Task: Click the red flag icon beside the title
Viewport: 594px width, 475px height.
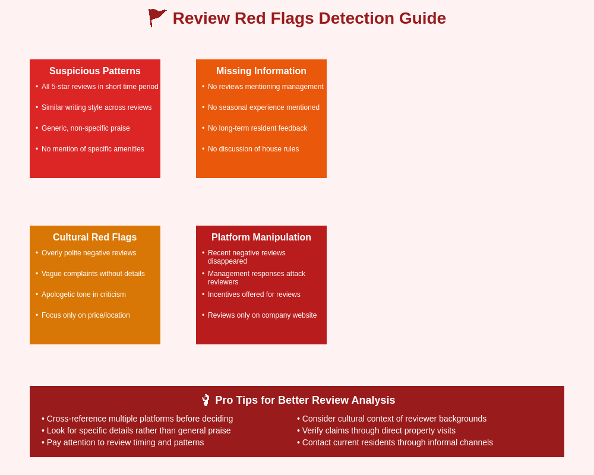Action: [157, 18]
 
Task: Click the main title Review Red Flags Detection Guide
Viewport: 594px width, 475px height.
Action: [309, 18]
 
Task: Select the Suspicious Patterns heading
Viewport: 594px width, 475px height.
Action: [95, 71]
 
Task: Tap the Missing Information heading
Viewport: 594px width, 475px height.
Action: [261, 71]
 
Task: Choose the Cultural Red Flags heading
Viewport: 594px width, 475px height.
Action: [95, 237]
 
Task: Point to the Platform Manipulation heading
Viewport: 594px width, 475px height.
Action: [261, 237]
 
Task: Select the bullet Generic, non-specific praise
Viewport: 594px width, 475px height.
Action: [86, 128]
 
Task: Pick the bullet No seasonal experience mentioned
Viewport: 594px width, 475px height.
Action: [264, 107]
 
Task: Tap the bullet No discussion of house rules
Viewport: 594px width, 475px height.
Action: [253, 149]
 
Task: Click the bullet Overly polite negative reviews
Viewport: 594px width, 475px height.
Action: [89, 253]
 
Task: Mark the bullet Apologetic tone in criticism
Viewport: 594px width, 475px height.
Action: [84, 294]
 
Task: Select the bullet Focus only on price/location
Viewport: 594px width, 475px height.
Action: [86, 315]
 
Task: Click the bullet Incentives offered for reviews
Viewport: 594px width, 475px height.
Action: [254, 294]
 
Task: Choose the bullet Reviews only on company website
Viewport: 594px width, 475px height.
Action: [262, 315]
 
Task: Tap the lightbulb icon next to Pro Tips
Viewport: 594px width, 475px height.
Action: [206, 400]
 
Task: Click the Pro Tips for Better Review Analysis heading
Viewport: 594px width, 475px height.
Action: [305, 400]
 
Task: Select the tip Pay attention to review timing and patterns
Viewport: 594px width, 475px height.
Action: [125, 442]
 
